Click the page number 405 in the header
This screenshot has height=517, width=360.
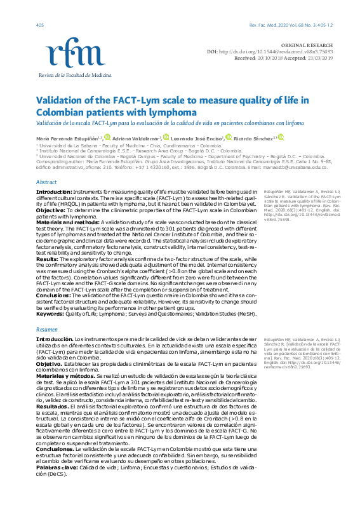(x=40, y=25)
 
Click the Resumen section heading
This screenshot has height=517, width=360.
(x=46, y=330)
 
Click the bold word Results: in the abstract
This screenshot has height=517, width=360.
(x=48, y=259)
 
